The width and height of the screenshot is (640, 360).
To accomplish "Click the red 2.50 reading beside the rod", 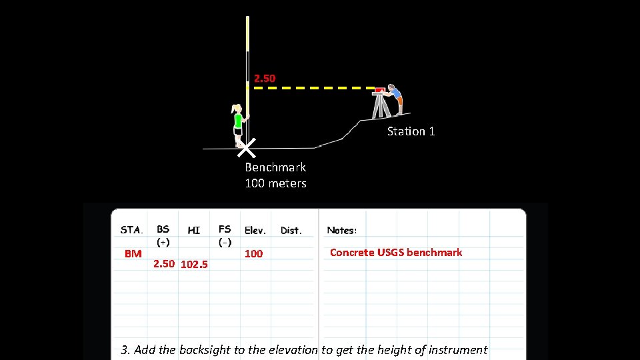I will (265, 79).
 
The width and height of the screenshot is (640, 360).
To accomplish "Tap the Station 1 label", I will (411, 131).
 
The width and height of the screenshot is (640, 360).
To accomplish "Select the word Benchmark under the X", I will (275, 167).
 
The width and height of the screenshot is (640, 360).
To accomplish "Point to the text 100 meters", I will (275, 183).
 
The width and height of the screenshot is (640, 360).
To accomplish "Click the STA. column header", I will (131, 230).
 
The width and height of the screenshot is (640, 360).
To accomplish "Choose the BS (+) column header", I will (163, 235).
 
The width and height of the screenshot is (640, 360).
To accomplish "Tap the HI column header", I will (193, 230).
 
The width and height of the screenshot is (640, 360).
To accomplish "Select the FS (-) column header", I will (225, 235).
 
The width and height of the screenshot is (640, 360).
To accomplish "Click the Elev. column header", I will (255, 231).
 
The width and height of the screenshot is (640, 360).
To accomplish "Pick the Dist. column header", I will (291, 231).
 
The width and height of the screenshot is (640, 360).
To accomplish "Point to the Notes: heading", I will (341, 231).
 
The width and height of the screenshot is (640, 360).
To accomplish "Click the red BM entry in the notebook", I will (133, 253).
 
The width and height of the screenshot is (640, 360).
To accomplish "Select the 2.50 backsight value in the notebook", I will (164, 263).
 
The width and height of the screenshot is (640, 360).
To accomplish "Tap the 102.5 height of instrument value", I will (194, 264).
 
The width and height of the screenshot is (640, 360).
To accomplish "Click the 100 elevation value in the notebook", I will (253, 253).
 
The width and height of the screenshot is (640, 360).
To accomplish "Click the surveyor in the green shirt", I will (237, 124).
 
